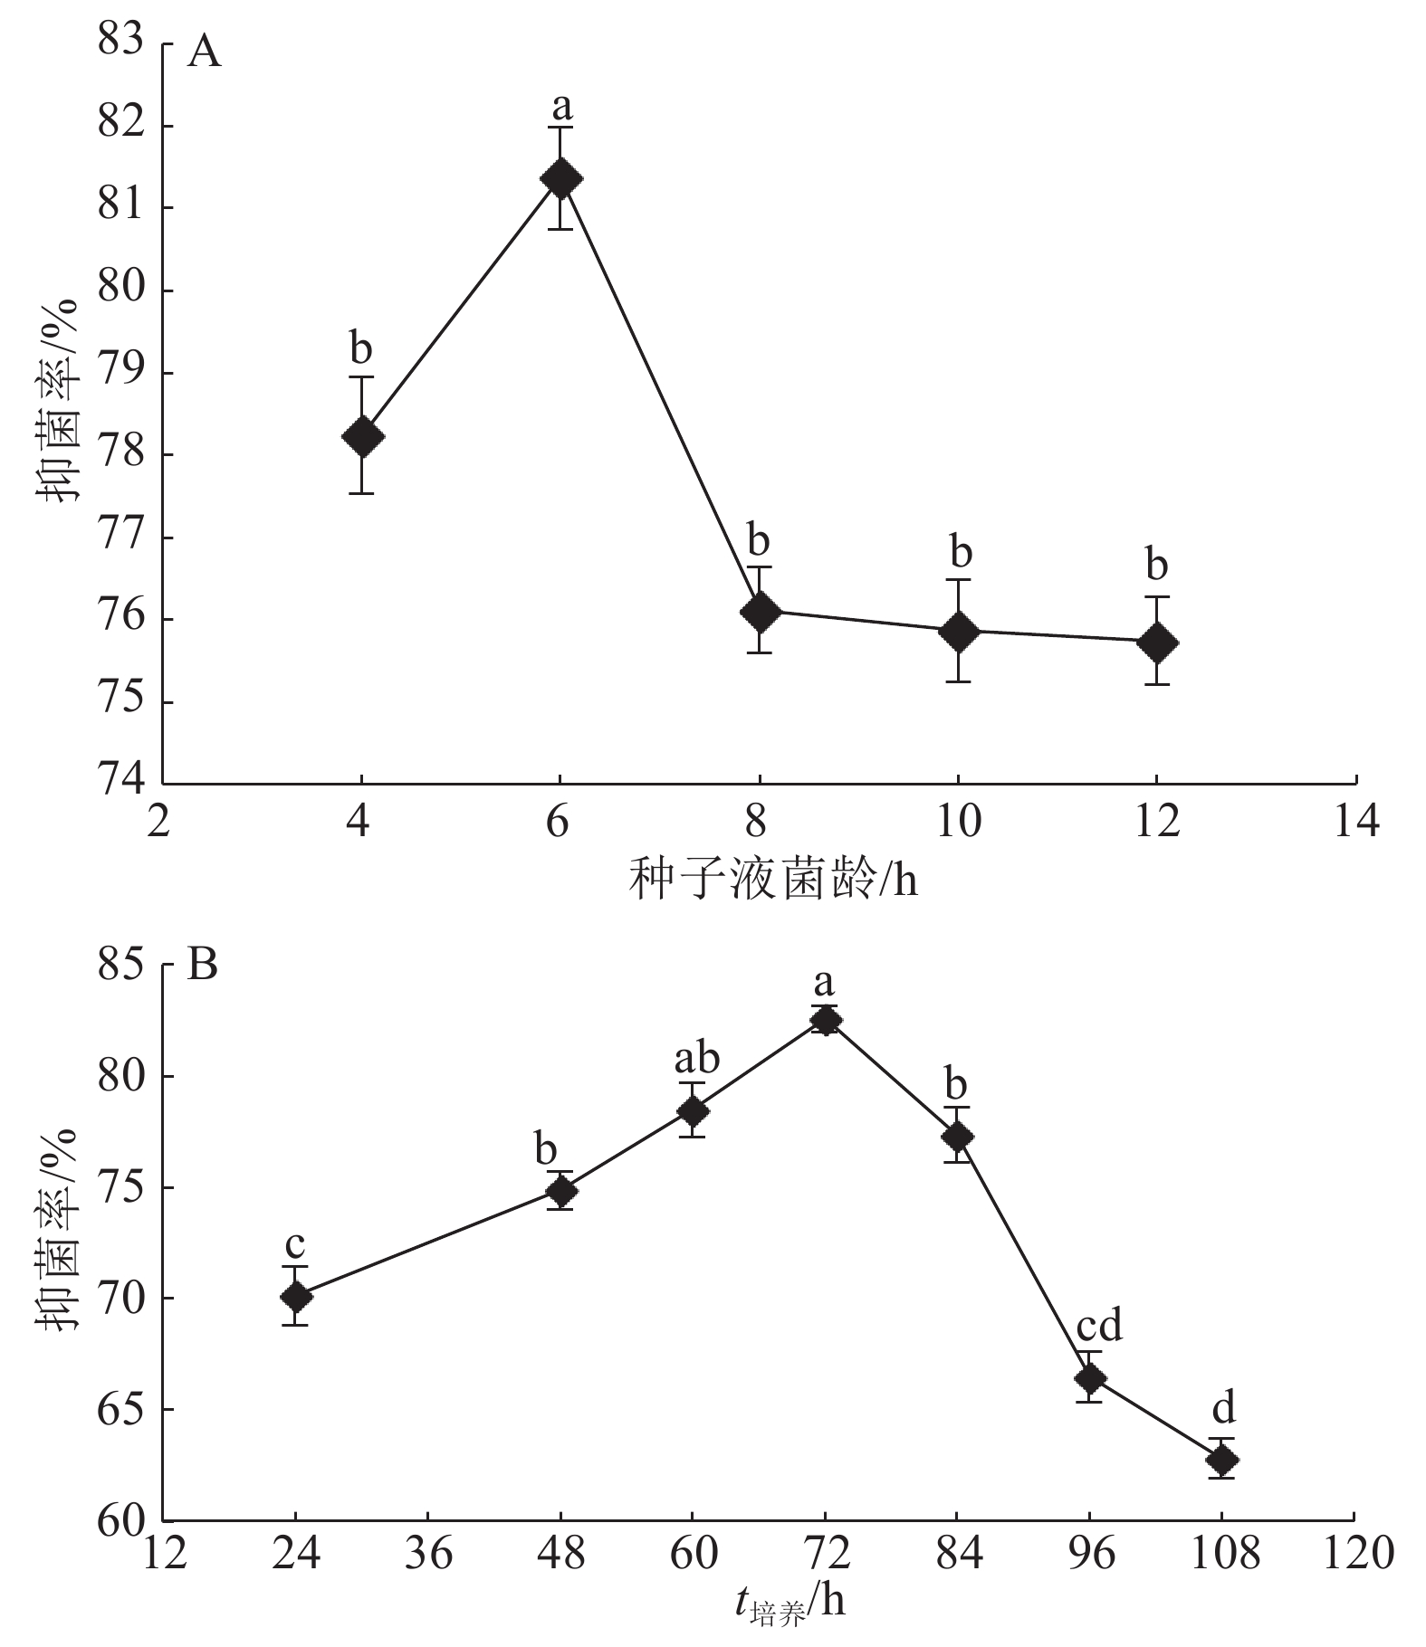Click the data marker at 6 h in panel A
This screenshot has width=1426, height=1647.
pyautogui.click(x=560, y=178)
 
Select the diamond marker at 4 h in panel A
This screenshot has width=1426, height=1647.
pyautogui.click(x=362, y=436)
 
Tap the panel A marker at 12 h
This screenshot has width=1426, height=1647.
pyautogui.click(x=1156, y=643)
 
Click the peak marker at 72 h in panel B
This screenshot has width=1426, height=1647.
pyautogui.click(x=825, y=1020)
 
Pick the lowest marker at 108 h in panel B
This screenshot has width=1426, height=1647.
pyautogui.click(x=1222, y=1460)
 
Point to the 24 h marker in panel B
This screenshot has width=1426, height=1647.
pyautogui.click(x=296, y=1297)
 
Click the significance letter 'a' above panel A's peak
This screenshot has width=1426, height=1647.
pyautogui.click(x=561, y=107)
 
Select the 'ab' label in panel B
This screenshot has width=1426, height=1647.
pyautogui.click(x=696, y=1058)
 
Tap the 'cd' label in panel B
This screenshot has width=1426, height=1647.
pyautogui.click(x=1098, y=1326)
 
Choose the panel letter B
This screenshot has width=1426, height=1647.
pyautogui.click(x=202, y=966)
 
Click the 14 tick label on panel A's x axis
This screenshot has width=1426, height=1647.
pyautogui.click(x=1354, y=823)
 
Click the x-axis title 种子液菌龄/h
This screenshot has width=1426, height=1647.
pyautogui.click(x=772, y=879)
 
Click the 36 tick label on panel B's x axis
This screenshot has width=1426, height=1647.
pyautogui.click(x=427, y=1553)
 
